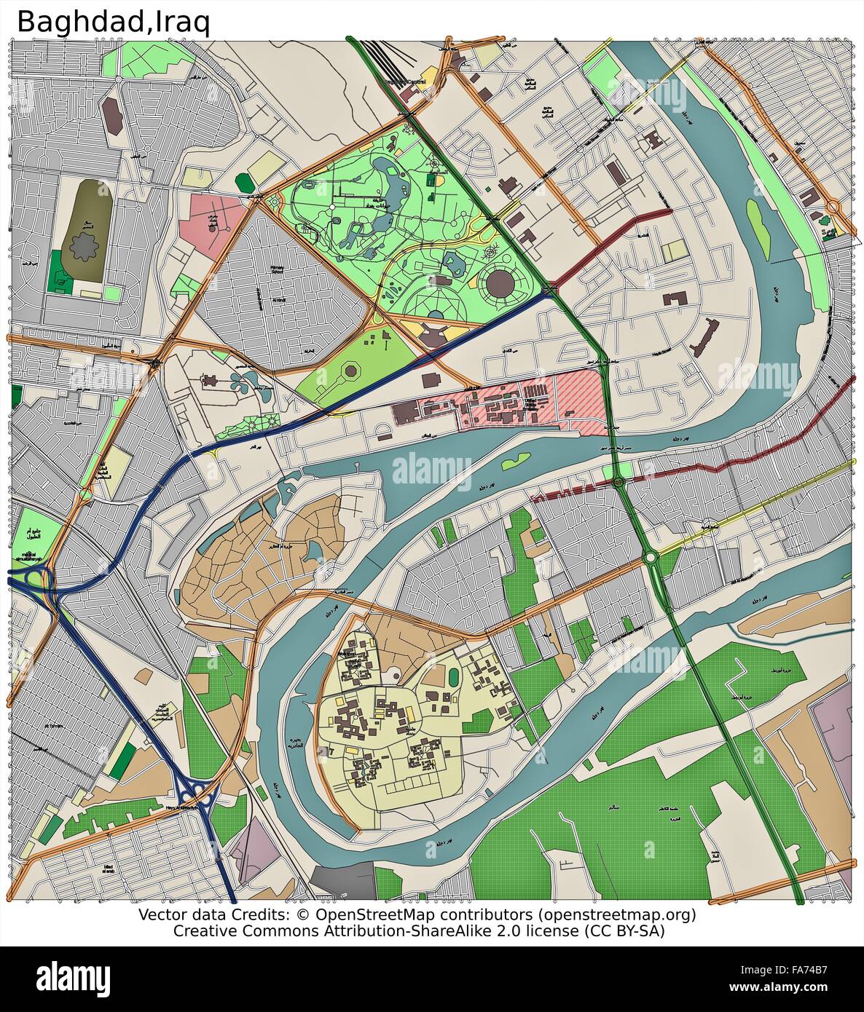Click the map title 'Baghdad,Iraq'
(114, 21)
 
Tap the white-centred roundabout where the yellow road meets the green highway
(651, 557)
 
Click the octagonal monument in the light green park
(350, 371)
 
